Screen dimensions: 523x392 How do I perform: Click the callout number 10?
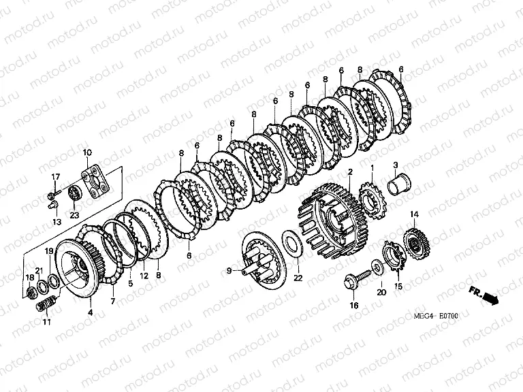[87, 153]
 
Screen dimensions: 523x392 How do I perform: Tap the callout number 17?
[56, 176]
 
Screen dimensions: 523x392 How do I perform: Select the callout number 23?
[74, 215]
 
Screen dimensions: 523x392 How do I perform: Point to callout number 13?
[57, 222]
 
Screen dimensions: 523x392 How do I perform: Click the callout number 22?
[298, 278]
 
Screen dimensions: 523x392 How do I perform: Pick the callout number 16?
[354, 305]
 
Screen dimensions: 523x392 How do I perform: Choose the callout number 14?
[414, 214]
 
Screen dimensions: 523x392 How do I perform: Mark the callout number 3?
[396, 165]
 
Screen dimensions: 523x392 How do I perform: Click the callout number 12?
[144, 276]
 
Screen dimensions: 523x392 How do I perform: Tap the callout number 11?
[47, 322]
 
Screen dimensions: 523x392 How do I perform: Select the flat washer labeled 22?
[293, 243]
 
